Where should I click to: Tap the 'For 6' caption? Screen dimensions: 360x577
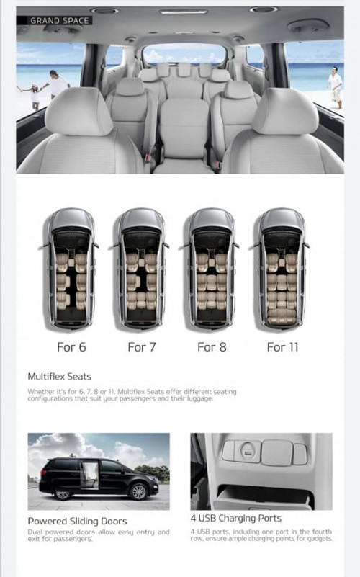tap(71, 347)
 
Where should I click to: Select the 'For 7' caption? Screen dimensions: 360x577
tap(142, 347)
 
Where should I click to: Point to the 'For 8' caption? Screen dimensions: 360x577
tap(212, 347)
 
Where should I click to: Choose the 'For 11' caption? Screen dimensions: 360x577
tap(282, 347)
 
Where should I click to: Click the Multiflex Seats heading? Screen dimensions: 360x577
tap(59, 377)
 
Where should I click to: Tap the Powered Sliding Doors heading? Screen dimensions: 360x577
tap(77, 521)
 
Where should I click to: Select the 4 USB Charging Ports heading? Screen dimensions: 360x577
tap(235, 518)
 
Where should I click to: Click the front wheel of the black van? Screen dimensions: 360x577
tap(139, 492)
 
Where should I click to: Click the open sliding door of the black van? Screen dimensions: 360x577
tap(89, 475)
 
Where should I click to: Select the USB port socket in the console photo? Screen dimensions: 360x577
tap(248, 452)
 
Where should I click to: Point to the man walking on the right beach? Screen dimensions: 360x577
tap(336, 88)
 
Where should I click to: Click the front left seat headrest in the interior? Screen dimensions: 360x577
tap(78, 111)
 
